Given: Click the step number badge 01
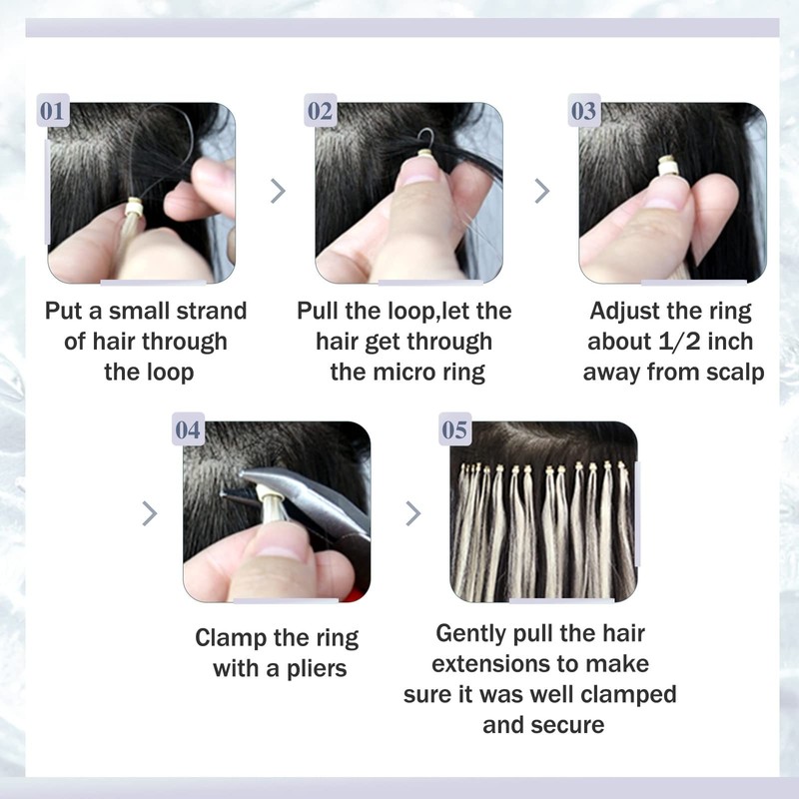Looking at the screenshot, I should click(52, 111).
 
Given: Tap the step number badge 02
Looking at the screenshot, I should click(320, 111).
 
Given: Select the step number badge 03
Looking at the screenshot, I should click(584, 111).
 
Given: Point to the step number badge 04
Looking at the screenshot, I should click(189, 430).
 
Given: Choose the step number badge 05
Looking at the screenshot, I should click(454, 430).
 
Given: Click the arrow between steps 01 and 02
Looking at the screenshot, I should click(279, 191).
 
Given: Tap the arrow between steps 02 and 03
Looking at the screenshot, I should click(542, 191).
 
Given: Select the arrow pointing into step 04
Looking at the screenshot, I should click(150, 513).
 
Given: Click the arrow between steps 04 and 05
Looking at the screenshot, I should click(412, 513).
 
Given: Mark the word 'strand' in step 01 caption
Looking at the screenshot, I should click(212, 311).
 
